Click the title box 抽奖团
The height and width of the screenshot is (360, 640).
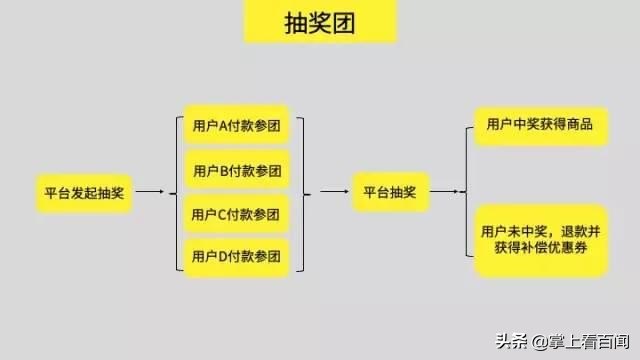[x=320, y=22]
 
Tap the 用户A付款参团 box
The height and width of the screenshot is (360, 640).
[x=237, y=126]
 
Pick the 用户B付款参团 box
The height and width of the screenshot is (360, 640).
[x=237, y=169]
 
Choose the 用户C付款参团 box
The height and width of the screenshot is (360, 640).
[x=237, y=214]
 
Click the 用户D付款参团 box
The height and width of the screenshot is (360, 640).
[x=237, y=258]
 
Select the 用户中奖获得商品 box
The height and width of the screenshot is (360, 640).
[x=540, y=124]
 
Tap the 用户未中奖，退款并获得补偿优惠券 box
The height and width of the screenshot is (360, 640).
[x=540, y=240]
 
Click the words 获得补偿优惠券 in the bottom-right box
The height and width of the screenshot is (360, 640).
[x=540, y=249]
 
